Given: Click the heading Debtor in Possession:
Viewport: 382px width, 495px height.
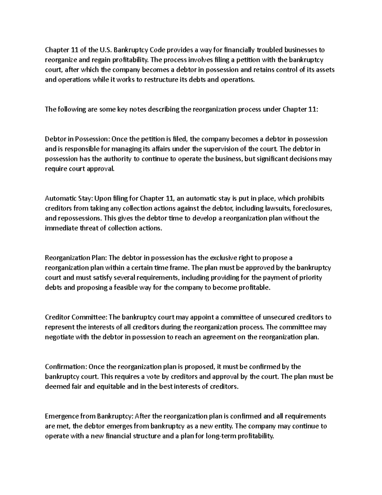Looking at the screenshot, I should point(77,139).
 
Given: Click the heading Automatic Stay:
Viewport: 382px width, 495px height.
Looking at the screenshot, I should point(69,199).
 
